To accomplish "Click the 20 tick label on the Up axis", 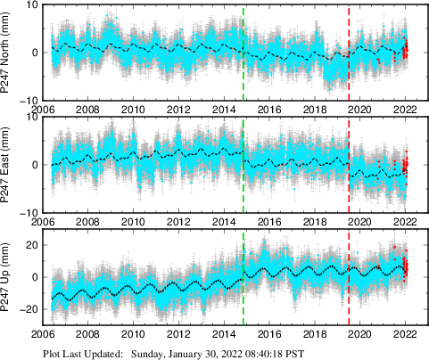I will pos(30,244).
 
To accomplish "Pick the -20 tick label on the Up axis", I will pos(28,309).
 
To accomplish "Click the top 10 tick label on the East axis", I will pos(30,117).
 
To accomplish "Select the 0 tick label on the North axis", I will pos(33,53).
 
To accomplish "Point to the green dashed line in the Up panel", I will pos(243,294).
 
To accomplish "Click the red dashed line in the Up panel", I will pos(349,294).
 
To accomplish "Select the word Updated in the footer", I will pos(100,352).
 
